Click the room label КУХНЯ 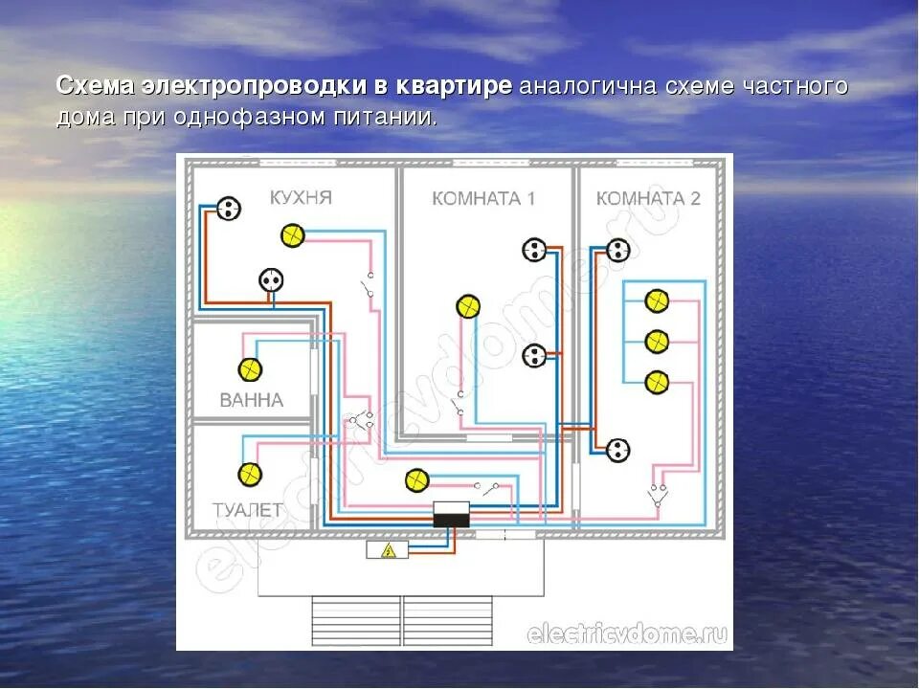[301, 198]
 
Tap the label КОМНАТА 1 [483, 199]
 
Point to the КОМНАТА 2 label [648, 199]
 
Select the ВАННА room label [252, 400]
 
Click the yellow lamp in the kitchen [292, 235]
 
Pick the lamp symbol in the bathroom [250, 369]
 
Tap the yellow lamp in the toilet [250, 474]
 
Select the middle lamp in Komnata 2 [656, 342]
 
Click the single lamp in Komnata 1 [467, 306]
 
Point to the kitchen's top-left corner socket [228, 209]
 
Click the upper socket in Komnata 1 [534, 251]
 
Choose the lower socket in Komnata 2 [617, 449]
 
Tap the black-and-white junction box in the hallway [451, 515]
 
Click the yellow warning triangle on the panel [389, 550]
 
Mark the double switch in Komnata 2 [658, 494]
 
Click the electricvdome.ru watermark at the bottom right [627, 633]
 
